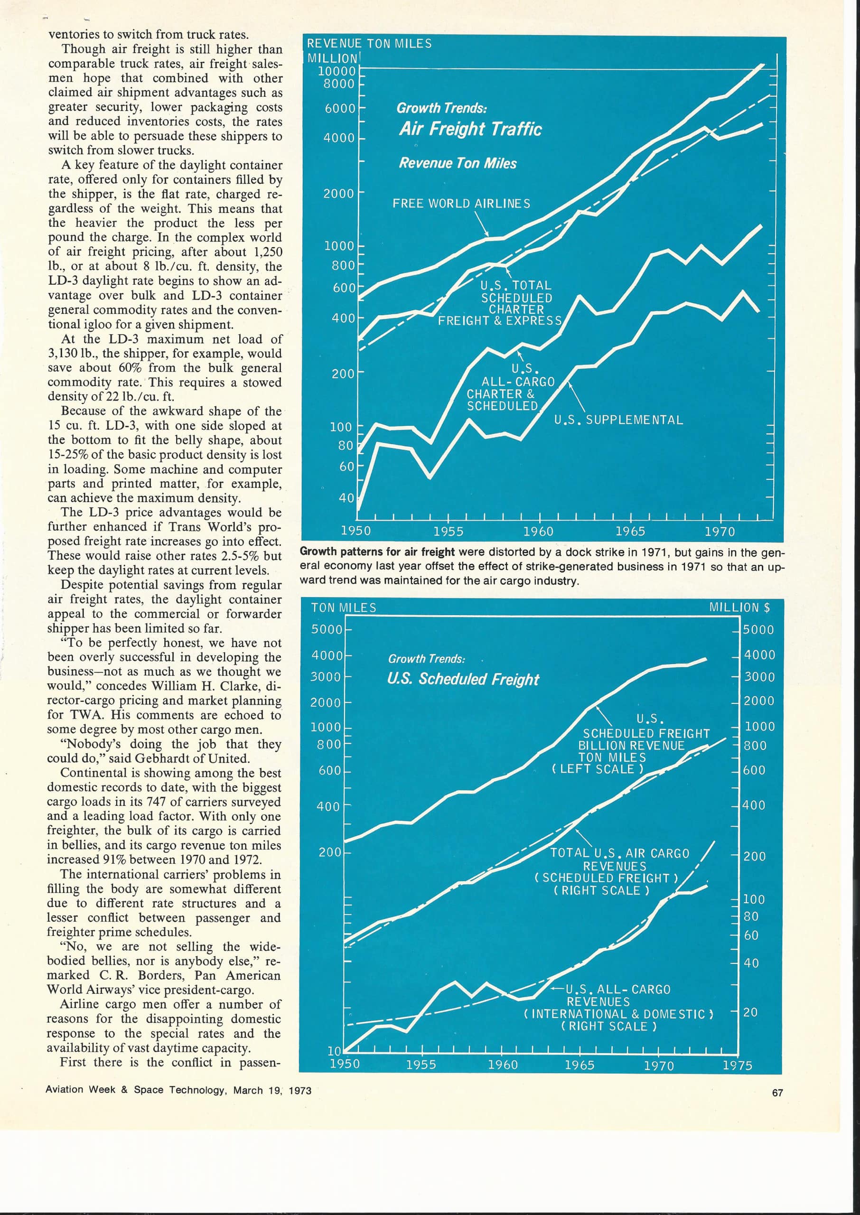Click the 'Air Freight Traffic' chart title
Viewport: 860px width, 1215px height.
pos(470,129)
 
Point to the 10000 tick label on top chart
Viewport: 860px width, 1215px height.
pos(337,71)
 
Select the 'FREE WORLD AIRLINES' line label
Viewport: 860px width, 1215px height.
pos(461,204)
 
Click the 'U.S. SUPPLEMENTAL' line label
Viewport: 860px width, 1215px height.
pos(618,420)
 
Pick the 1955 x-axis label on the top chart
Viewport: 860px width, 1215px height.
pos(448,531)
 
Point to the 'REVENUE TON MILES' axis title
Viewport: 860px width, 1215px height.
pos(369,43)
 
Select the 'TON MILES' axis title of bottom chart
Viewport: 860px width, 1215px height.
pos(344,608)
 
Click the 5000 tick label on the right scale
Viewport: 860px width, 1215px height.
pos(758,630)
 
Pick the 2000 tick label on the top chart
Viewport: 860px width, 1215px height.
pos(339,193)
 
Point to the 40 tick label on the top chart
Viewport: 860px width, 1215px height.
pos(346,498)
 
